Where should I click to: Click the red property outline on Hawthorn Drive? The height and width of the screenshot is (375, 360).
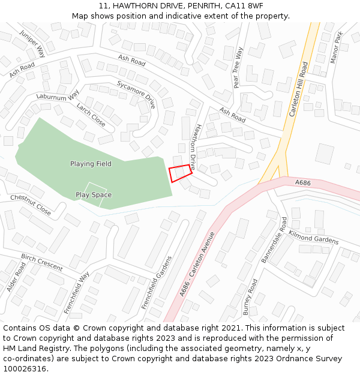click(x=181, y=173)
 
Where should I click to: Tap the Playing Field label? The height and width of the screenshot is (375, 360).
click(x=91, y=164)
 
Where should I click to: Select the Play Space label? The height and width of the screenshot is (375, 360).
click(x=94, y=195)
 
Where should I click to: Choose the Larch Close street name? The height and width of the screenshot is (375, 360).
click(x=91, y=115)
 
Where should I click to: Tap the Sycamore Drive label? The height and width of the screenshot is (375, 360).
click(x=136, y=94)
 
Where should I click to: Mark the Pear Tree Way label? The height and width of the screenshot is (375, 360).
click(x=238, y=67)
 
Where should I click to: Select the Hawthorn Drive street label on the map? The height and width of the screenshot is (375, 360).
click(x=193, y=146)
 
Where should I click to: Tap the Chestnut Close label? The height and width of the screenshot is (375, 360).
click(x=31, y=205)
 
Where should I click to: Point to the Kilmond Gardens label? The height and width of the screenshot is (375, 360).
click(x=314, y=237)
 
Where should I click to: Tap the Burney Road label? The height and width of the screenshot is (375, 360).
click(x=250, y=296)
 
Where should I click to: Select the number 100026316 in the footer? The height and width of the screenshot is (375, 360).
click(x=25, y=368)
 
